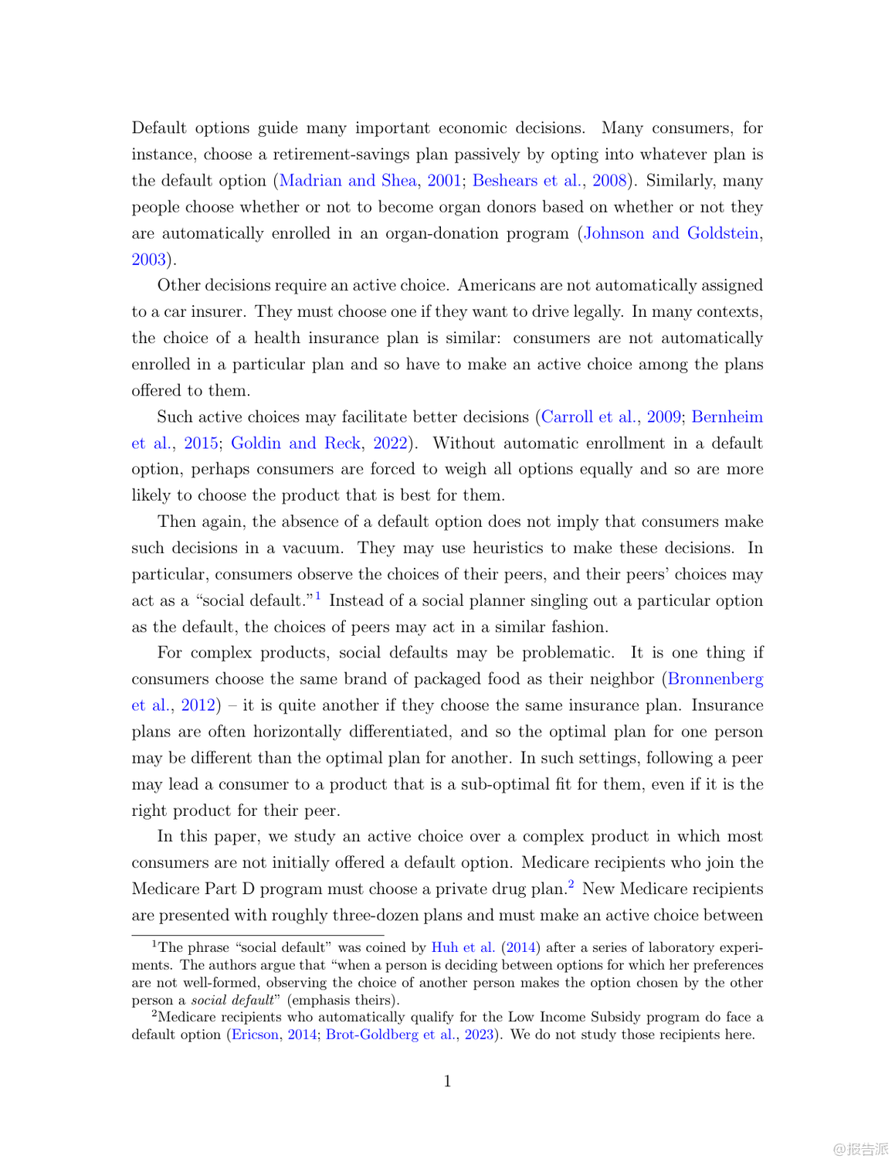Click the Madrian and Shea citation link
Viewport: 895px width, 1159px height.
(347, 181)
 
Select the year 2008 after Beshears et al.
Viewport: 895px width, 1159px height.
(609, 181)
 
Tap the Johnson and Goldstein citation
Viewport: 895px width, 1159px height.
(671, 233)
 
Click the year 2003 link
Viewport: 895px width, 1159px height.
(149, 260)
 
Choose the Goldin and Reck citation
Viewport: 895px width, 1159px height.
(296, 444)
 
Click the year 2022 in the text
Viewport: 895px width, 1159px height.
(390, 444)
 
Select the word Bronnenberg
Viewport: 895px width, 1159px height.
(715, 679)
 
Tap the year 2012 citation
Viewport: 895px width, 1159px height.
(198, 705)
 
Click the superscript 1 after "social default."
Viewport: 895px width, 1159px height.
(318, 596)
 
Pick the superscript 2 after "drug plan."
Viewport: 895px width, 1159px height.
(571, 885)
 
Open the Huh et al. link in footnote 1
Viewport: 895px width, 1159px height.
(463, 948)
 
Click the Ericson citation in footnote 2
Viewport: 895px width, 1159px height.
(255, 1035)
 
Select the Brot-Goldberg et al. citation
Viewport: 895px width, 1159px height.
(391, 1035)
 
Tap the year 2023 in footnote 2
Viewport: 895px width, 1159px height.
(479, 1035)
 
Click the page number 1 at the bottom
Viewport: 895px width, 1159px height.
(448, 1081)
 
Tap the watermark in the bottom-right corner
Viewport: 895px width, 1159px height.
(860, 1149)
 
